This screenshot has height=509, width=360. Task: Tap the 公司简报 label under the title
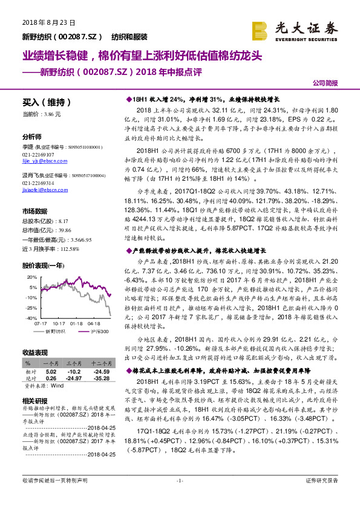[x=325, y=83]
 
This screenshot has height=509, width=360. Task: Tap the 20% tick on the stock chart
[x=30, y=276]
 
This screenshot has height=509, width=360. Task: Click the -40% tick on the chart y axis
[x=30, y=317]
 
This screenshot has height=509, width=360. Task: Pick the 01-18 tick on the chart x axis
[x=76, y=323]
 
